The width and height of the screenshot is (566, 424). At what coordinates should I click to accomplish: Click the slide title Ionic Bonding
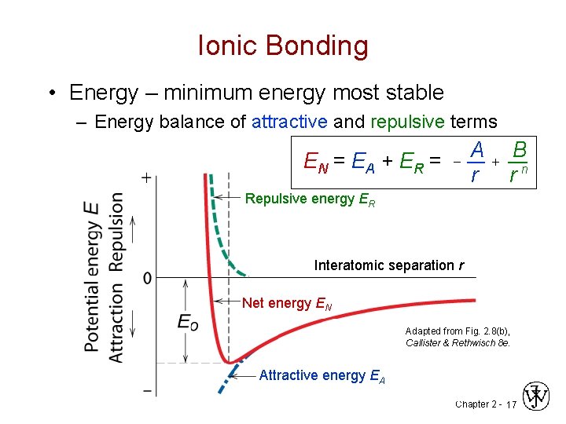click(x=283, y=46)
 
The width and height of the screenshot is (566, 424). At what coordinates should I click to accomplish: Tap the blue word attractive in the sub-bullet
click(x=289, y=122)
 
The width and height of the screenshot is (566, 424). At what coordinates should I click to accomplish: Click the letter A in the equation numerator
click(x=476, y=149)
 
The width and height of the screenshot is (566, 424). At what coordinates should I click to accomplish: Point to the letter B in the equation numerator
click(x=519, y=149)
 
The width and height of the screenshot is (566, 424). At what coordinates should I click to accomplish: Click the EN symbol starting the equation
click(x=315, y=163)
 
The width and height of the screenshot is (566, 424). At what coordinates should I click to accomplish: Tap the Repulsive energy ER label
click(x=310, y=199)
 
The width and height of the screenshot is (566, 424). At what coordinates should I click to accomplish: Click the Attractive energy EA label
click(x=322, y=376)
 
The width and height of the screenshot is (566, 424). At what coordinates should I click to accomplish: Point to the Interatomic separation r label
click(x=388, y=265)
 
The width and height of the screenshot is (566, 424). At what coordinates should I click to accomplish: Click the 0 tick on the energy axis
click(x=147, y=278)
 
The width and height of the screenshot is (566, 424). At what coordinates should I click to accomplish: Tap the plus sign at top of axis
click(x=146, y=178)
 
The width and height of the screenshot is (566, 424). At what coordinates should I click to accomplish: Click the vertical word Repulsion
click(x=117, y=232)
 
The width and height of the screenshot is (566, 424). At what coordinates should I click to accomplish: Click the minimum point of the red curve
click(x=230, y=363)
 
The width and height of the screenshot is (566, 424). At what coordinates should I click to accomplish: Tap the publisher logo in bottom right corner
click(x=537, y=397)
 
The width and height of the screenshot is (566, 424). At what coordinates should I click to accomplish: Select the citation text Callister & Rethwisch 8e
click(x=458, y=343)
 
